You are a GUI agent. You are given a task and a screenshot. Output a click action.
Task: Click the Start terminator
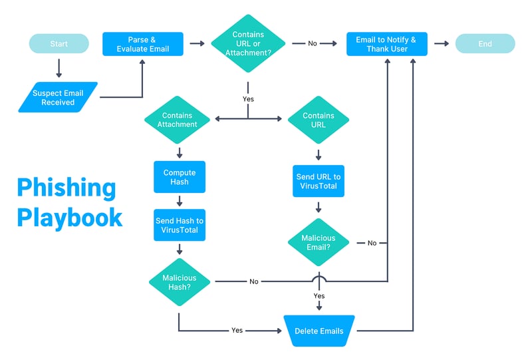click(59, 44)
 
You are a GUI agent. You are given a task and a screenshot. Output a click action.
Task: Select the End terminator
click(485, 44)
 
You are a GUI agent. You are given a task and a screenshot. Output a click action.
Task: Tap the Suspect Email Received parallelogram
click(59, 98)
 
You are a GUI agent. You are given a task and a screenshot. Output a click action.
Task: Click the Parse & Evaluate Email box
click(143, 44)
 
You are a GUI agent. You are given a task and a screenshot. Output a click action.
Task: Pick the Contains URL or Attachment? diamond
click(248, 44)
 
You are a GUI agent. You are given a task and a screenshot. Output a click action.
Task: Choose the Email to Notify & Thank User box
click(386, 44)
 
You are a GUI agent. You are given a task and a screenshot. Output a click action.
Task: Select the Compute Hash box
click(179, 177)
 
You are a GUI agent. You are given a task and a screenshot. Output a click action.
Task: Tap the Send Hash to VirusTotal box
click(179, 225)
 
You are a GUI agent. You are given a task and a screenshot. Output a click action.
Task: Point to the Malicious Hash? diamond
click(179, 281)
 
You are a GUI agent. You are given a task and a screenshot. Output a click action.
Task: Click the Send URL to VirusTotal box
click(319, 181)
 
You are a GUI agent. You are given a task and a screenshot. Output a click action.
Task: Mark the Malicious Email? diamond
click(319, 243)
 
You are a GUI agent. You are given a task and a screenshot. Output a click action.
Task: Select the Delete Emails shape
click(319, 331)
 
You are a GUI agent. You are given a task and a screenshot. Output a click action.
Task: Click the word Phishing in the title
click(66, 188)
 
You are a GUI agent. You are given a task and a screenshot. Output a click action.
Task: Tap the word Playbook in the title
click(70, 218)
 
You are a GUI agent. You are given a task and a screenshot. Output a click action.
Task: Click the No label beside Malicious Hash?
click(253, 281)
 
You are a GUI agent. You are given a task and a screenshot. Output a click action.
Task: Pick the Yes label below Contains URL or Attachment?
click(248, 99)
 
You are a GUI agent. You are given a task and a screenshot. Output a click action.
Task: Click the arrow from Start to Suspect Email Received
click(59, 67)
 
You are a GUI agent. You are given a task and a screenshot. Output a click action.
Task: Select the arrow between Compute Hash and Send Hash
click(179, 200)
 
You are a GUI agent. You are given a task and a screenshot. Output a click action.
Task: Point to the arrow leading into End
click(441, 44)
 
